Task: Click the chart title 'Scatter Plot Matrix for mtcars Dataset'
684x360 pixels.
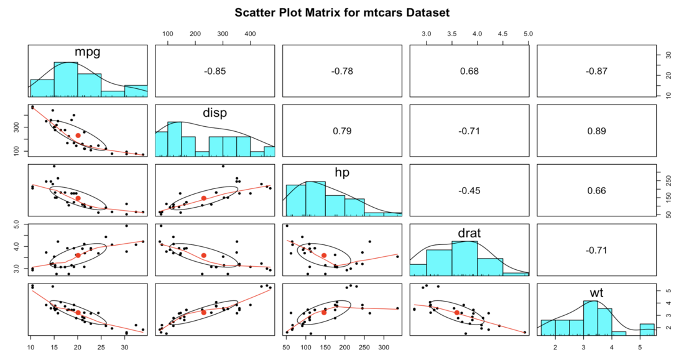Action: [x=342, y=12]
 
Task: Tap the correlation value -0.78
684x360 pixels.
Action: [x=342, y=72]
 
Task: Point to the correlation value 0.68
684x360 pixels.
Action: [x=469, y=72]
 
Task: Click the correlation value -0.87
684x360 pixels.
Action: [x=596, y=72]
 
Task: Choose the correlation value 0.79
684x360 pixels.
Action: [x=342, y=131]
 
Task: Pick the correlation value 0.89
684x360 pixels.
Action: [x=596, y=131]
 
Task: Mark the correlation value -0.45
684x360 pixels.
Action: [x=469, y=190]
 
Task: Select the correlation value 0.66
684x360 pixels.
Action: [x=596, y=190]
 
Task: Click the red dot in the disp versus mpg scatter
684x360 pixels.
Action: [x=78, y=136]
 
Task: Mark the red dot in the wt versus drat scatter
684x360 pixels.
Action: [x=457, y=313]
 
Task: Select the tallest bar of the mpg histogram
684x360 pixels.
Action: [x=65, y=80]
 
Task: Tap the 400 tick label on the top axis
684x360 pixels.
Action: [x=249, y=33]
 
